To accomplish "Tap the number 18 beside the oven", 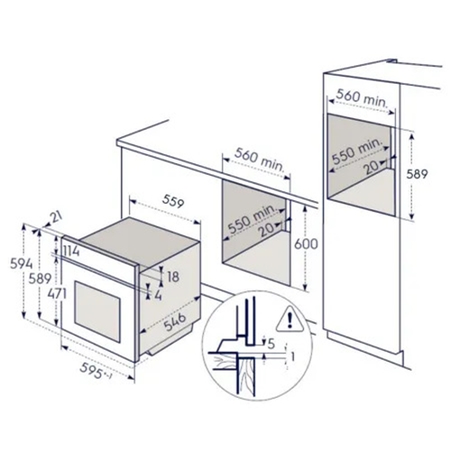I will pos(173,277).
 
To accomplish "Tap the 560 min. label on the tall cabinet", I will pos(361,96).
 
